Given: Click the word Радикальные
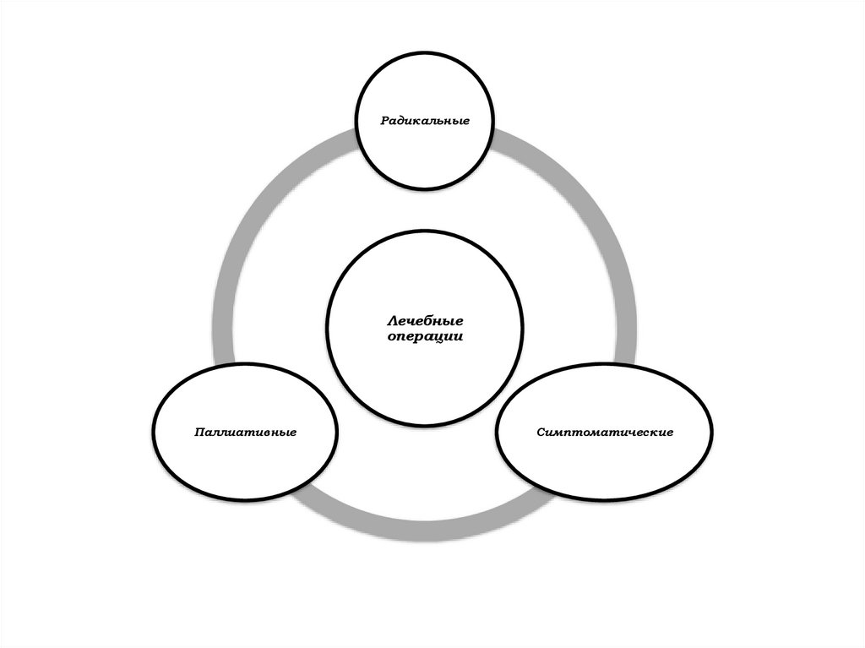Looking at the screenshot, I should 424,121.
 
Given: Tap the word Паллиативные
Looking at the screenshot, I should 244,433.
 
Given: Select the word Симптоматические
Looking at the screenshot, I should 604,433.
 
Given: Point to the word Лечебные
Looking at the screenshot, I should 425,321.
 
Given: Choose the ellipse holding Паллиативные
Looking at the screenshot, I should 244,460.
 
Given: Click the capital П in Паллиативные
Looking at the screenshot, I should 198,433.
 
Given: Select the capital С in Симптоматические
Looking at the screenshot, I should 539,433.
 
